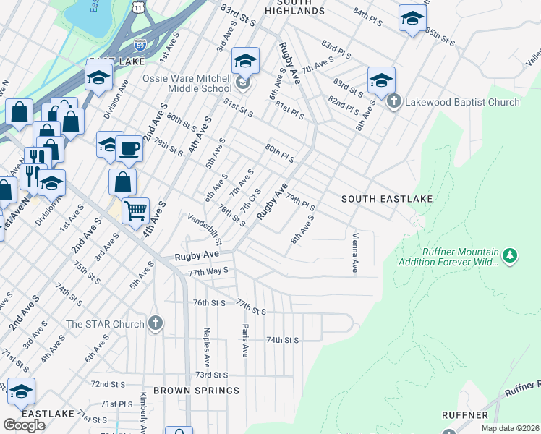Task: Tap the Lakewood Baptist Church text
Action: [462, 102]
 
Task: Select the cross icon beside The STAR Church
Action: [156, 323]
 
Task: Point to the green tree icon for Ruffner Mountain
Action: [510, 255]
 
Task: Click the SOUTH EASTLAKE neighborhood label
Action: [387, 199]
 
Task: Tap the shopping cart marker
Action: [135, 210]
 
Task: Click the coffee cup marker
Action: [129, 148]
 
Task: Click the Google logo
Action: [24, 425]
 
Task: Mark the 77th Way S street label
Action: [208, 271]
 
